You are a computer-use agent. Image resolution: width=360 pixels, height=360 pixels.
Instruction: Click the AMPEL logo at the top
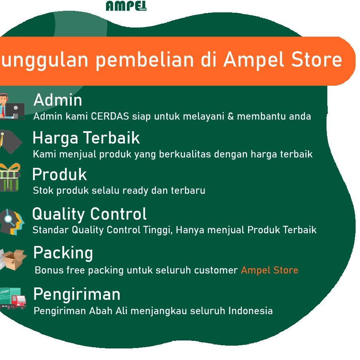click(x=126, y=6)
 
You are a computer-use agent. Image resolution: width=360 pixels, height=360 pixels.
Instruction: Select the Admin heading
click(x=58, y=100)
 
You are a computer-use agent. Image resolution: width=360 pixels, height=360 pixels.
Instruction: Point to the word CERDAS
click(x=110, y=116)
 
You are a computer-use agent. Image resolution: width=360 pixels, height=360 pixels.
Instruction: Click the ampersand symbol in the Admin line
click(x=230, y=116)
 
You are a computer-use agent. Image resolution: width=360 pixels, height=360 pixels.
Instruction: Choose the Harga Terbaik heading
click(x=86, y=138)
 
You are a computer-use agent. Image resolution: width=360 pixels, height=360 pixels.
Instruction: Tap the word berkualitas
click(x=185, y=154)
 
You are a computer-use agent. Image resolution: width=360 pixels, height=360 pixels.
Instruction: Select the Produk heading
click(x=59, y=175)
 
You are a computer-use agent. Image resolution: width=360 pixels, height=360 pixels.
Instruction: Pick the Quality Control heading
click(x=89, y=214)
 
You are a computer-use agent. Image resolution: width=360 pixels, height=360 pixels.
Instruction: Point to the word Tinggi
click(x=158, y=230)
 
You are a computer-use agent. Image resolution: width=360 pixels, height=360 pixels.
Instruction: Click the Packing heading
click(x=63, y=253)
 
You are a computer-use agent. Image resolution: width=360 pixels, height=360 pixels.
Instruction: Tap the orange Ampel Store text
click(x=270, y=270)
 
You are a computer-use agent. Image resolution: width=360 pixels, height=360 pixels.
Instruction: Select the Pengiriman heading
click(x=77, y=294)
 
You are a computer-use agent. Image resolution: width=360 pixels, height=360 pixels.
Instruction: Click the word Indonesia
click(x=250, y=311)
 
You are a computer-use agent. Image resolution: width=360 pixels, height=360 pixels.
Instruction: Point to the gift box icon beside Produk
click(x=10, y=177)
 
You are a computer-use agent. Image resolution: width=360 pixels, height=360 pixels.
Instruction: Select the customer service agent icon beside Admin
click(x=12, y=106)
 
